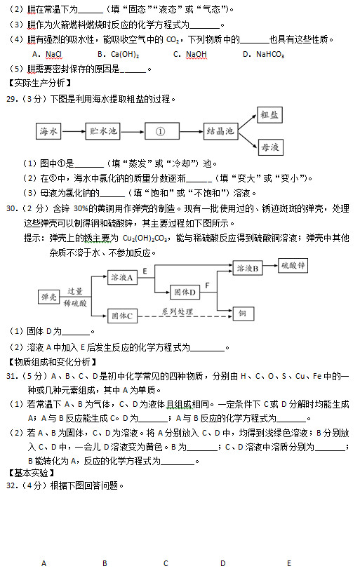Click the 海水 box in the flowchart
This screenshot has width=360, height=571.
point(48,130)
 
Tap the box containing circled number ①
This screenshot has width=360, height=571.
point(160,130)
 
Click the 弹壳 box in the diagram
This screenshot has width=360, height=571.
point(48,297)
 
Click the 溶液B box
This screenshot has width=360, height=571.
point(246,268)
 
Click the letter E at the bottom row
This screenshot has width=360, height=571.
point(288,563)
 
